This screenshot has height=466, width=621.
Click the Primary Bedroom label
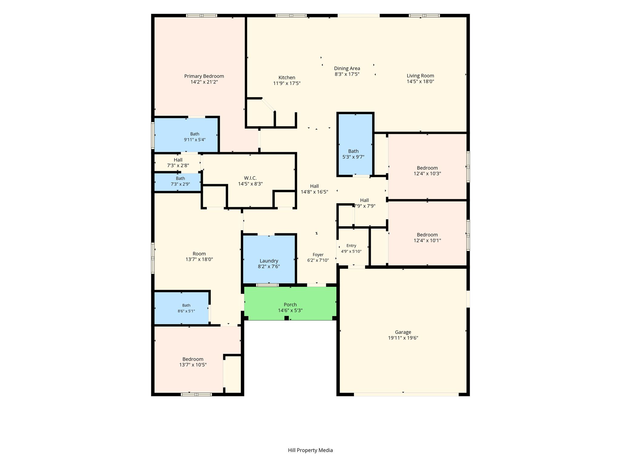tap(204, 76)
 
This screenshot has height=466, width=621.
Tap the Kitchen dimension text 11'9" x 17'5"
tap(287, 83)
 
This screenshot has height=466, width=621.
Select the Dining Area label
tap(347, 69)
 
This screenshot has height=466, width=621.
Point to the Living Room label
tap(420, 76)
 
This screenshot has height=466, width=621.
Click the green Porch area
tap(290, 303)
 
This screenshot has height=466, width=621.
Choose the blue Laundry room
tap(269, 259)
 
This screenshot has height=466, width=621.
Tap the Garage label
tap(403, 332)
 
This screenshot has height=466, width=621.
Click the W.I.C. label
tap(250, 178)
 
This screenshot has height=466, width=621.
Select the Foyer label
tap(318, 255)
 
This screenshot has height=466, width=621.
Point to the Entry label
tap(351, 246)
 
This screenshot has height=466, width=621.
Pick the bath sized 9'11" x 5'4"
tap(186, 135)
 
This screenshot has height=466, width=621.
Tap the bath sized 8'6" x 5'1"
tap(181, 308)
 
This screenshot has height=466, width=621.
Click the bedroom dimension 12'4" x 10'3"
tap(427, 174)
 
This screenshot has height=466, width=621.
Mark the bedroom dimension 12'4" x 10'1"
tap(427, 241)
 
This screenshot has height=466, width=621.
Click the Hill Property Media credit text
tap(310, 450)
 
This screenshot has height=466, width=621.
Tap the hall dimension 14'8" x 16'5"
tap(314, 192)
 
